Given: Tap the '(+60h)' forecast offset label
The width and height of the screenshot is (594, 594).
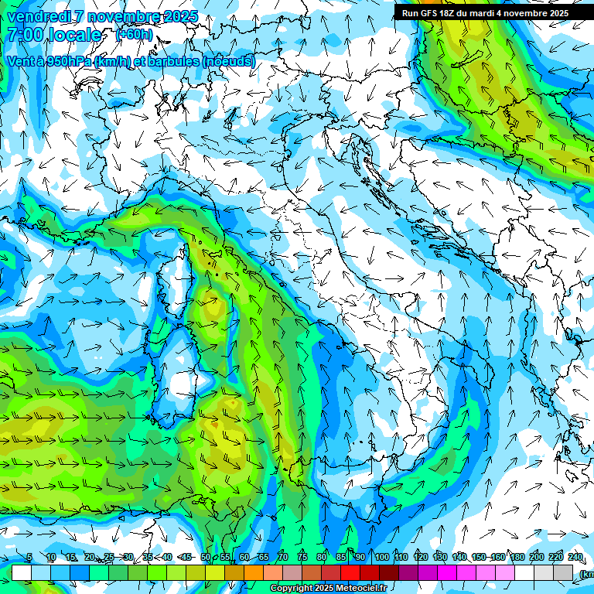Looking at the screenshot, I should (134, 35).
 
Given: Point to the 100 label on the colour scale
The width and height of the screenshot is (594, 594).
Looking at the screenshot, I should (382, 558).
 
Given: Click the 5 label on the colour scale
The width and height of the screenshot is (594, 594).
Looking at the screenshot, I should (29, 558).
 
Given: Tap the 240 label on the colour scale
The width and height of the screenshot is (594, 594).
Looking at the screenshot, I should (575, 558).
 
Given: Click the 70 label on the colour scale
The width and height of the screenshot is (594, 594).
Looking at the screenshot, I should (283, 558).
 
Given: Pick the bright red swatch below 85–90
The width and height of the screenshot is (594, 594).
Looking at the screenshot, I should (350, 572).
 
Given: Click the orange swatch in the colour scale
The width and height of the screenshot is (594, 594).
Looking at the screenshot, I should (254, 572).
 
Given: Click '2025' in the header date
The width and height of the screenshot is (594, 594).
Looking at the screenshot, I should (181, 16).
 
